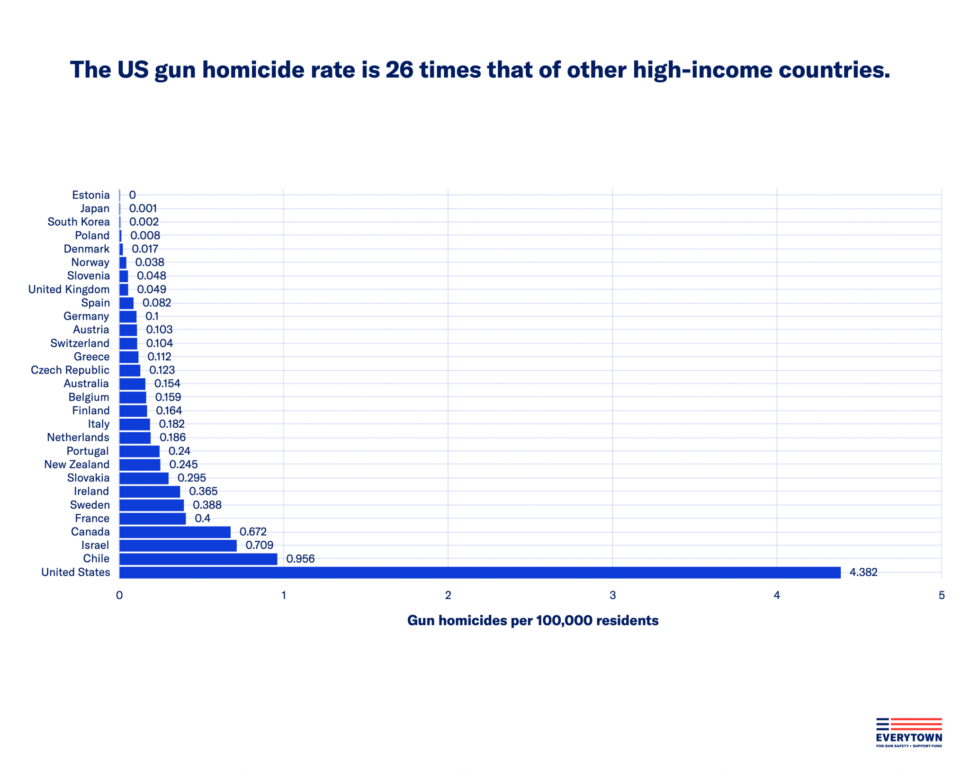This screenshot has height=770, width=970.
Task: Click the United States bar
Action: (479, 572)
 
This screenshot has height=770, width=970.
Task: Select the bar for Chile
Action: (198, 559)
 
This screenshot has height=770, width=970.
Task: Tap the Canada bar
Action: (175, 532)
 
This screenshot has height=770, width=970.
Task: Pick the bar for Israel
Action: (178, 546)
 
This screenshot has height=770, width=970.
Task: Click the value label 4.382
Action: (863, 572)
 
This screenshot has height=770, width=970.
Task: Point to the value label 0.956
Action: (300, 559)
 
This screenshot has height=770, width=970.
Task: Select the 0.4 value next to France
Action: (202, 518)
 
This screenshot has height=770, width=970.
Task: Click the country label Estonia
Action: (90, 195)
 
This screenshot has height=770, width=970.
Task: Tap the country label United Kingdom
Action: (69, 289)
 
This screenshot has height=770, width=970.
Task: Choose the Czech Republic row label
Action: (70, 370)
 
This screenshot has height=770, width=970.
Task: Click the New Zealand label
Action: (77, 464)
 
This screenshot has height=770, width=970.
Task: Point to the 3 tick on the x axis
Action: (612, 595)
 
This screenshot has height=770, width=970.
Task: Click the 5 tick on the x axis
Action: (941, 595)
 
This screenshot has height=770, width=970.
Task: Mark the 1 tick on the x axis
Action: (284, 595)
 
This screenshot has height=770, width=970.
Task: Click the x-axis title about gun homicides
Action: (532, 620)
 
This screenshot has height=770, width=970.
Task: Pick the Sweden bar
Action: (152, 505)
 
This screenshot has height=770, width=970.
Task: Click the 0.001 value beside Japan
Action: (143, 208)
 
